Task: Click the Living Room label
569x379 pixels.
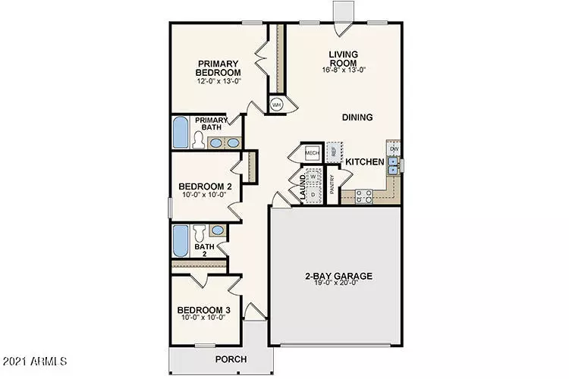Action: (x=348, y=58)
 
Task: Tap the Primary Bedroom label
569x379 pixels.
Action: (x=218, y=68)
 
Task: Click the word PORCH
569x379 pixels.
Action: (x=231, y=359)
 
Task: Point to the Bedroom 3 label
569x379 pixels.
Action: (x=203, y=310)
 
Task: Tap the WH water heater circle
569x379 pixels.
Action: (x=277, y=105)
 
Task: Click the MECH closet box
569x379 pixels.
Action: (x=312, y=152)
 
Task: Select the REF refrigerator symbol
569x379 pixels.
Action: (x=334, y=152)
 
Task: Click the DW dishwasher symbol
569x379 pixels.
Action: (x=394, y=149)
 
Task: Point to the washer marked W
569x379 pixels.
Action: (x=313, y=177)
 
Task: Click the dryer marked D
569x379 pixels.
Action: (x=313, y=194)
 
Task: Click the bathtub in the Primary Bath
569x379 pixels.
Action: (x=181, y=133)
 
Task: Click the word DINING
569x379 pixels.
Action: (x=357, y=117)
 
